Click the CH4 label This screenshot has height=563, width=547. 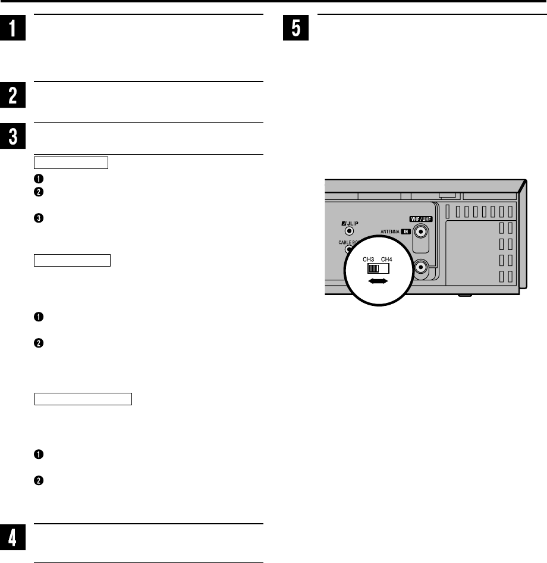point(387,259)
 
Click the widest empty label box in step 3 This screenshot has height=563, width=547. point(83,399)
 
